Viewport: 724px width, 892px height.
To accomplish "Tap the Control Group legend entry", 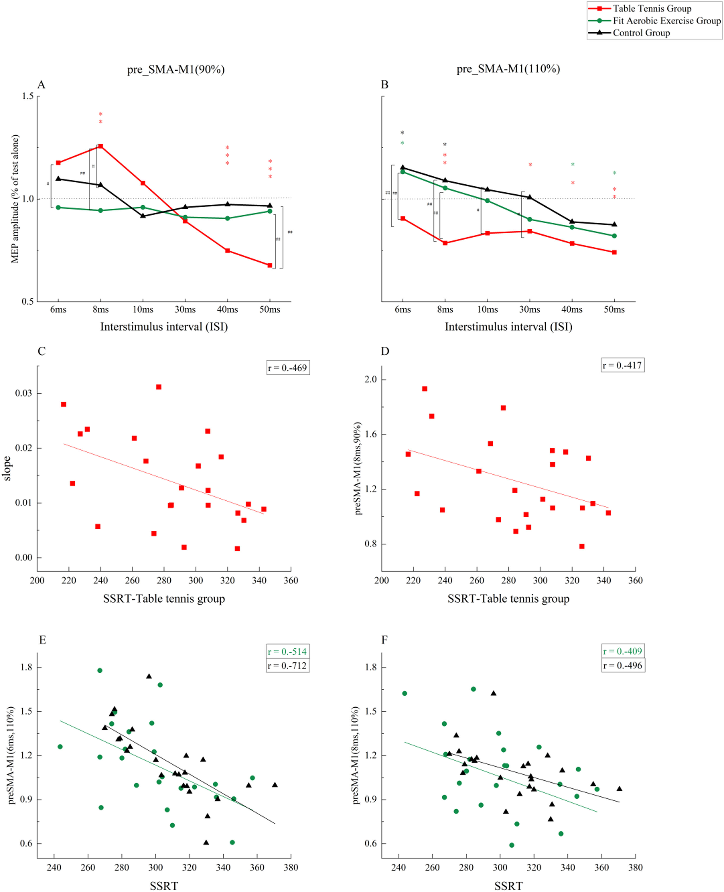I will (641, 33).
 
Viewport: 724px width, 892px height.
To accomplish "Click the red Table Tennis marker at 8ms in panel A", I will (101, 146).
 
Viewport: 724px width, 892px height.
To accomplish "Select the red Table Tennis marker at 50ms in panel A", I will (270, 265).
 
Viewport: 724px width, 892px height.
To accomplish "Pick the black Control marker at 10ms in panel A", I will (143, 216).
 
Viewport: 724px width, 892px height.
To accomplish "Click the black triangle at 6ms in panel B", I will (403, 167).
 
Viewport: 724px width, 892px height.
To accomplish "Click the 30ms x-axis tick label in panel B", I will (530, 309).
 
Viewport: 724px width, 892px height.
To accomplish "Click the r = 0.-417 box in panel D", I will (622, 365).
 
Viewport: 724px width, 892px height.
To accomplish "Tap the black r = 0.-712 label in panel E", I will (288, 665).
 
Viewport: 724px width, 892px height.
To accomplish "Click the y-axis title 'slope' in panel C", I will (7, 468).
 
